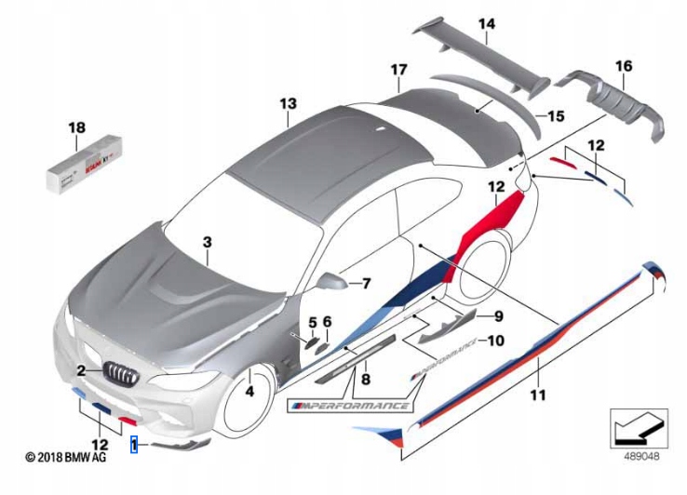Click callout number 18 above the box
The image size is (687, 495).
(76, 127)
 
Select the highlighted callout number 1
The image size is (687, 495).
(135, 446)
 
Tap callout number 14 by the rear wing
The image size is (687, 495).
(487, 23)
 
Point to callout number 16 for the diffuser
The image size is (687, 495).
(623, 65)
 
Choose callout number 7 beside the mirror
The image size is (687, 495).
(365, 282)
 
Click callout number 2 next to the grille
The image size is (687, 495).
(82, 371)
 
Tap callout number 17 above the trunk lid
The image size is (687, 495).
(398, 70)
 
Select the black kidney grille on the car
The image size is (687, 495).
(124, 373)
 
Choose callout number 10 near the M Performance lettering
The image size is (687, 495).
(495, 341)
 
